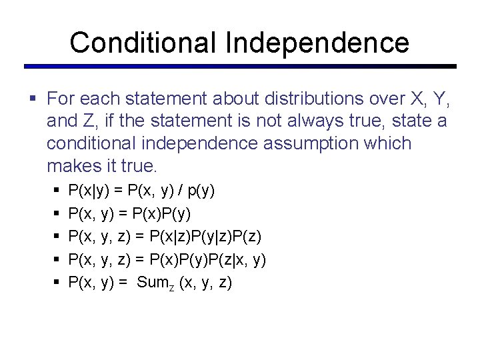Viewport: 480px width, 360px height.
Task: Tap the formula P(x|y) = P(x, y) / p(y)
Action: coord(141,191)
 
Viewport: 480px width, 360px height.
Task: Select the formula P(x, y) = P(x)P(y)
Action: coord(129,213)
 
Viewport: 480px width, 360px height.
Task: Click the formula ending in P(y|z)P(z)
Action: coord(165,237)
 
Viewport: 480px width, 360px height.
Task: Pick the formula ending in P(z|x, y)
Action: coord(167,259)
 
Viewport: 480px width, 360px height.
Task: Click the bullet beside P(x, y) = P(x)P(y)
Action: coord(56,214)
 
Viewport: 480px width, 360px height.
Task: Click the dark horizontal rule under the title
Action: coord(240,67)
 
